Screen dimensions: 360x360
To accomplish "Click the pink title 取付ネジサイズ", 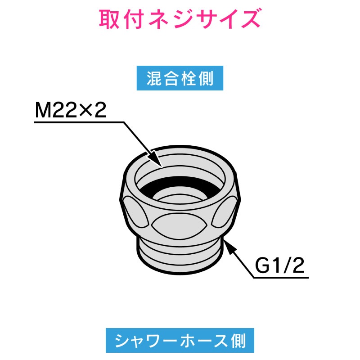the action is tap(180, 19).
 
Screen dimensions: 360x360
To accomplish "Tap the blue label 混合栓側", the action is tap(180, 80).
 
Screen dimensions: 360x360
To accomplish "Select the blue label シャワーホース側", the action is tap(180, 340).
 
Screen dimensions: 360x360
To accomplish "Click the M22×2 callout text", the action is tap(71, 110).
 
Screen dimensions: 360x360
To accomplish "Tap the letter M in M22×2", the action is tap(44, 110).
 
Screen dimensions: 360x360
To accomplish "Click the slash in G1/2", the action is tap(288, 267).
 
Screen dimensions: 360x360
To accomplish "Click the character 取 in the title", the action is tap(109, 19).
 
